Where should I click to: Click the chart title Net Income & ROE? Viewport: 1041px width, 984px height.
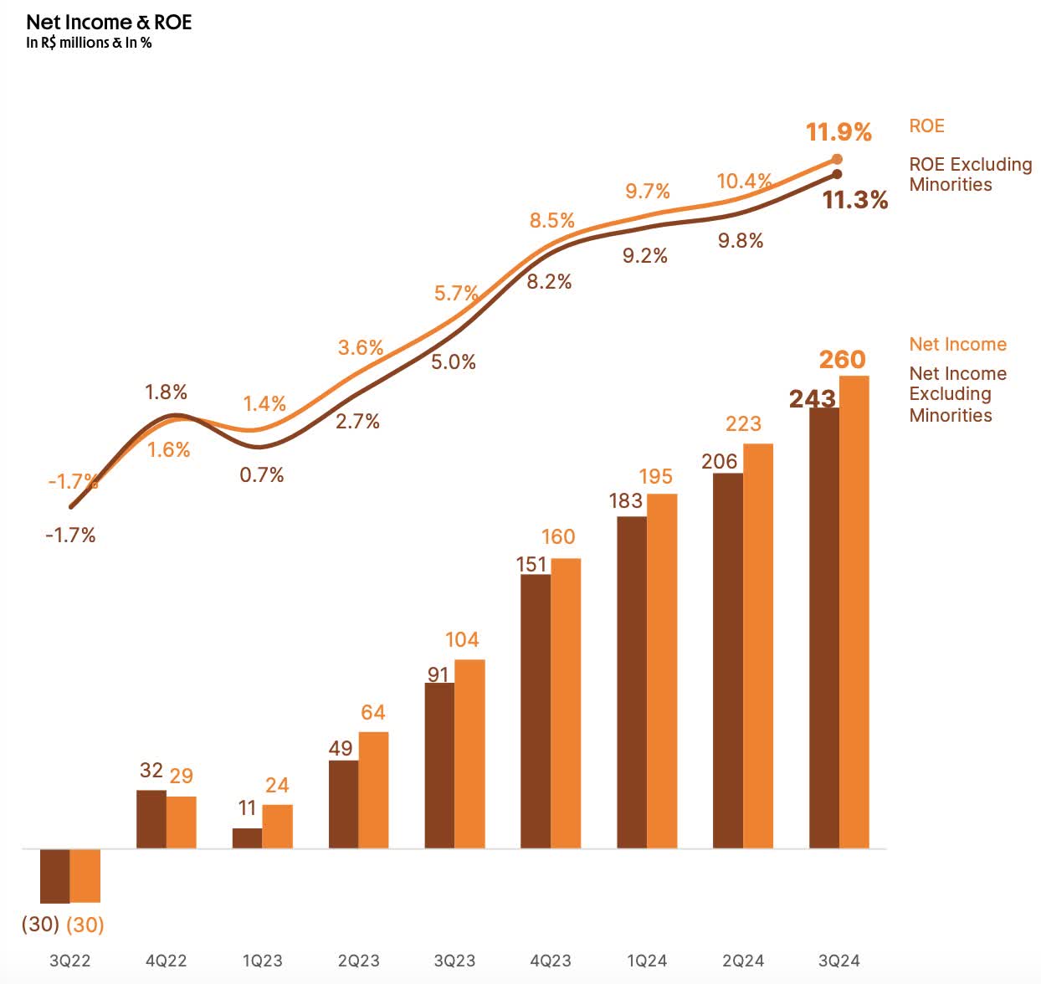click(109, 23)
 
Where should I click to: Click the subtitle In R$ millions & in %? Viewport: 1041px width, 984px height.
click(89, 44)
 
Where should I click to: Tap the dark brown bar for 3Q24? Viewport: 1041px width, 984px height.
click(823, 628)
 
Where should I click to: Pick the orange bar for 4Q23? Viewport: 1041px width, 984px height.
click(566, 703)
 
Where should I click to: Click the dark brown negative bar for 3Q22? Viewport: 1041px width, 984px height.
click(55, 875)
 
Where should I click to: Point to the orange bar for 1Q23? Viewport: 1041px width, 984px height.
click(277, 827)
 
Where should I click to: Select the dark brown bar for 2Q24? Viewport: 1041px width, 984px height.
click(727, 661)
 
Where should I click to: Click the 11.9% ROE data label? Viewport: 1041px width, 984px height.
click(838, 132)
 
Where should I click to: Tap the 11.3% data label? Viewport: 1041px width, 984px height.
click(854, 200)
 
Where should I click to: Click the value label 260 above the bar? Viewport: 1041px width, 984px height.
click(842, 360)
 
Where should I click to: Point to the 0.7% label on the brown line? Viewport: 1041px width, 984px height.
click(262, 475)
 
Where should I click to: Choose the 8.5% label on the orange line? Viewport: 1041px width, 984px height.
click(551, 221)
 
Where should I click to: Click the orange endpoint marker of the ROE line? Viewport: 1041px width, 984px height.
click(838, 159)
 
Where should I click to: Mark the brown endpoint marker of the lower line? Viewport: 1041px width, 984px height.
click(837, 174)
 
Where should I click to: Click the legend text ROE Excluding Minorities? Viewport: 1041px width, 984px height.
click(970, 174)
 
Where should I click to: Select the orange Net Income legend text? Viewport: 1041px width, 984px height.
click(957, 344)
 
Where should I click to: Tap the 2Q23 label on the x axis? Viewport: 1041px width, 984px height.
click(358, 961)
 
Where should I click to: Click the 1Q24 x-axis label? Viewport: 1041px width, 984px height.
click(646, 961)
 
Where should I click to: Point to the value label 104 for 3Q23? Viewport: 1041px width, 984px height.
click(462, 640)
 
